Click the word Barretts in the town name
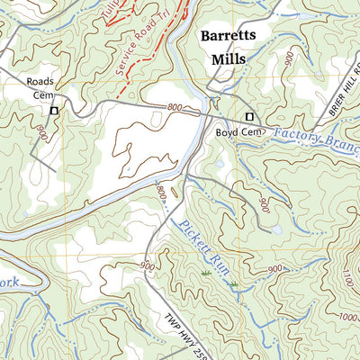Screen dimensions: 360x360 click(228, 36)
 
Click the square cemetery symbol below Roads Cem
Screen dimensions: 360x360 click(54, 110)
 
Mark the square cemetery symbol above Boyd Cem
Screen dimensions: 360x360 click(250, 117)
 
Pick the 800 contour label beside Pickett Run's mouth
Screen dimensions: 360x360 click(159, 193)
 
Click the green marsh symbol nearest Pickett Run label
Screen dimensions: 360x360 click(206, 272)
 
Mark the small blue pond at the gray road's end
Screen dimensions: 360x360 click(277, 230)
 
